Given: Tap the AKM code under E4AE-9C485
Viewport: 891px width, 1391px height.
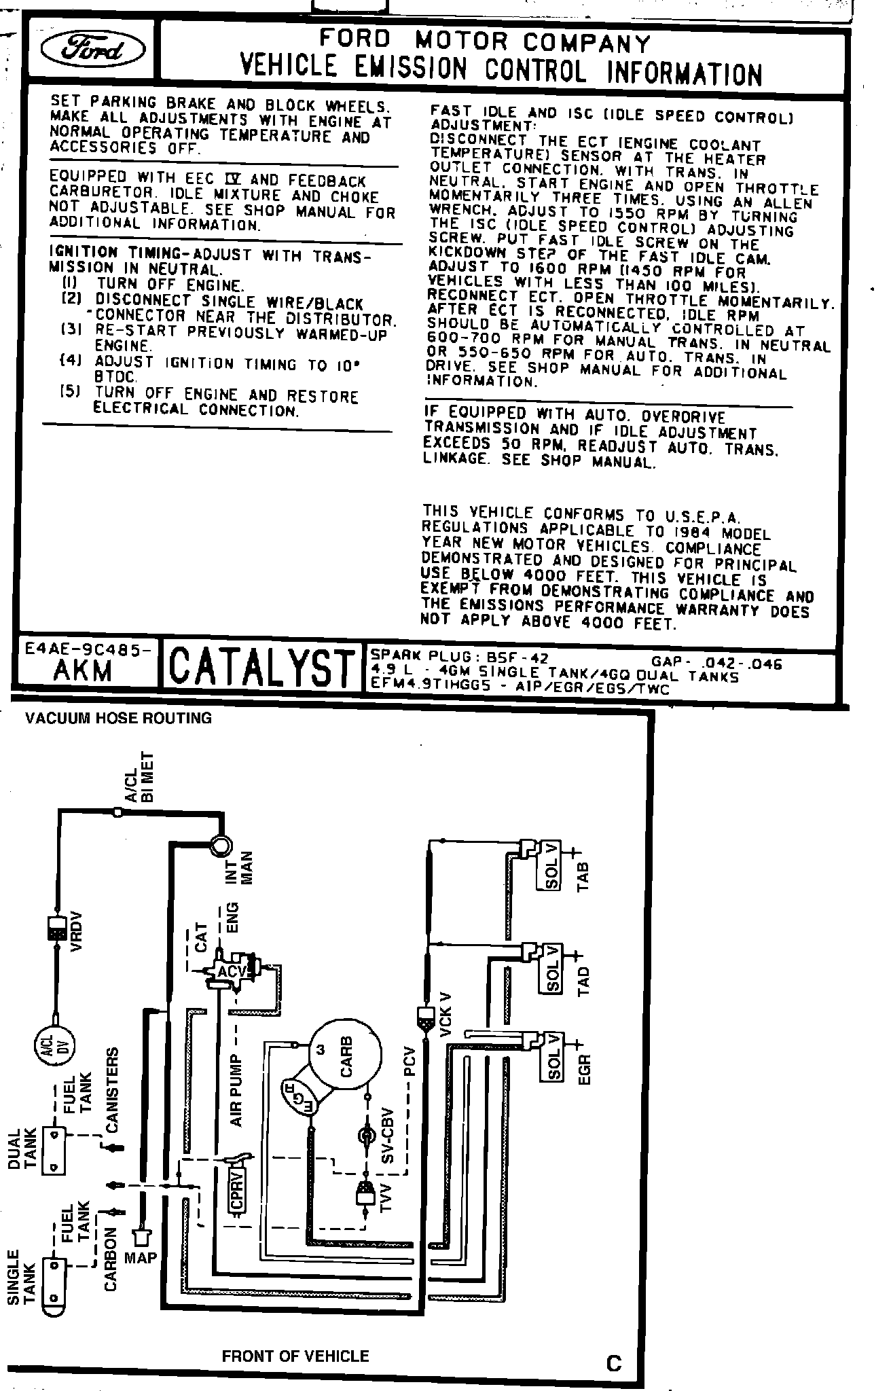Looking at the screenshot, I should (83, 670).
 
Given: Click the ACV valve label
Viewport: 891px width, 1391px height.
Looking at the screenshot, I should (232, 972).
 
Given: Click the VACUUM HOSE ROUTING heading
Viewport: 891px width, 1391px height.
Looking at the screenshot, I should (118, 718).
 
